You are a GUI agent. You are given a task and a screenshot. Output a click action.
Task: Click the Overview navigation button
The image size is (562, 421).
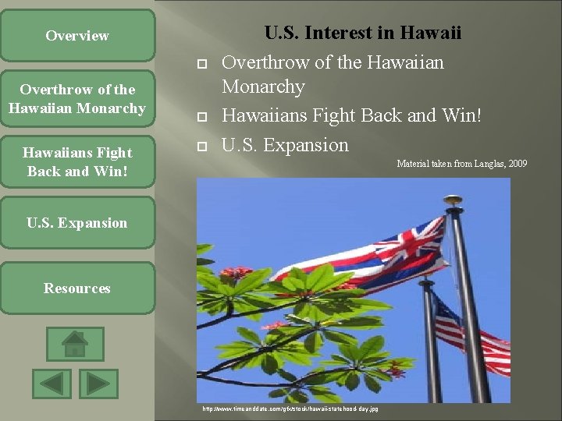[x=77, y=36]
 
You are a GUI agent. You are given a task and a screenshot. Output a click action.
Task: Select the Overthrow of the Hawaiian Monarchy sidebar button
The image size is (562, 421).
[x=77, y=99]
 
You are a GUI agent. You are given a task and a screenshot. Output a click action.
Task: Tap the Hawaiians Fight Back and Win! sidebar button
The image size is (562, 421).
[x=77, y=161]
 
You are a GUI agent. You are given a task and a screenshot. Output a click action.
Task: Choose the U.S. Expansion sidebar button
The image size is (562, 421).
[x=77, y=223]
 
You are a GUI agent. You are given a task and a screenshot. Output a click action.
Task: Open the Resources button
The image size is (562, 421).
[x=77, y=288]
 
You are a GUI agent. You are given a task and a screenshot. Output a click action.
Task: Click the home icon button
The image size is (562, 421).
[x=75, y=344]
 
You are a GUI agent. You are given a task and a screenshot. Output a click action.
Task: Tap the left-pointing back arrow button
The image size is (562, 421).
[x=52, y=384]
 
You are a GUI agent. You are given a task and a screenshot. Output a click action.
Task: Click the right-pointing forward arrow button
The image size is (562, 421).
[x=98, y=384]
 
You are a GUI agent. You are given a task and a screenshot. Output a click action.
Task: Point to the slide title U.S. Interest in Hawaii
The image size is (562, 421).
[x=362, y=33]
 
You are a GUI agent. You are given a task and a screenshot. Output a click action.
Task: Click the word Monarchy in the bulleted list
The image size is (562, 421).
[x=263, y=87]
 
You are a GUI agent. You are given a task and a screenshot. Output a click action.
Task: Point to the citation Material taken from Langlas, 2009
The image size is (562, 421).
[x=461, y=164]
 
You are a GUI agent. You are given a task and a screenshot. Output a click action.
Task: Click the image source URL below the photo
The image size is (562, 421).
[x=290, y=409]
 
